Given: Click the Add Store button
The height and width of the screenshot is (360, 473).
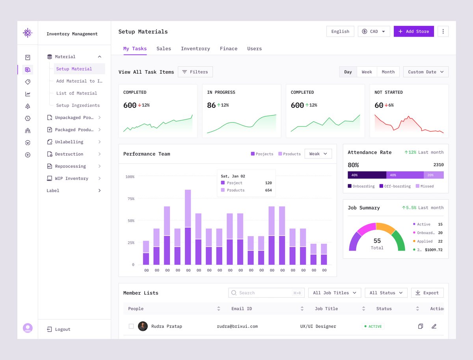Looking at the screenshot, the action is tap(413, 32).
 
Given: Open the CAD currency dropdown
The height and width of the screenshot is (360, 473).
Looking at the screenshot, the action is tap(374, 32).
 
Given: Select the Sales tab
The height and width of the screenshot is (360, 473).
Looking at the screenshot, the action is tap(164, 48).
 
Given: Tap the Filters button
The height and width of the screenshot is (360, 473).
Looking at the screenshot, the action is tap(195, 72).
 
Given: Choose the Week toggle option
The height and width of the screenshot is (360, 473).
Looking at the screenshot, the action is tap(367, 72).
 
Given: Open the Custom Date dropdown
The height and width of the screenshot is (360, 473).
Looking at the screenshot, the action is tap(426, 72).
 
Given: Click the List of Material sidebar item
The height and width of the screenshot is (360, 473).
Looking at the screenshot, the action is tap(76, 93).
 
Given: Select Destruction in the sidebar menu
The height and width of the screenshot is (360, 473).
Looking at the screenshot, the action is tap(69, 154).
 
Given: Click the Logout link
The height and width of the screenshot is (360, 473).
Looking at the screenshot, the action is tap(62, 329).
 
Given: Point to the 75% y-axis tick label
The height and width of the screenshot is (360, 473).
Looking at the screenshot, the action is tap(130, 199).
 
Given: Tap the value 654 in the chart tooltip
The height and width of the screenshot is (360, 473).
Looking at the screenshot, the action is tap(268, 190).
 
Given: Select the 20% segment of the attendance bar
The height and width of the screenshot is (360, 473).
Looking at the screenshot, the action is tap(434, 175).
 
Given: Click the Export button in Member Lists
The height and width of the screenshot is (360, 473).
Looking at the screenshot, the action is tap(427, 293).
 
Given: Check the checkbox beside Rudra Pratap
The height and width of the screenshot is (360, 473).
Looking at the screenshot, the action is tap(131, 326).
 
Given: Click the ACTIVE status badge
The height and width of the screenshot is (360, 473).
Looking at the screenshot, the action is tap(373, 327).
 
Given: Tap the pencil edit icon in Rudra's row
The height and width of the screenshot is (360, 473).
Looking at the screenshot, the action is tap(434, 326).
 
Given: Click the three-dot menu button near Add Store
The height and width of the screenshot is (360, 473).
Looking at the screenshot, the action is tap(443, 32).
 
